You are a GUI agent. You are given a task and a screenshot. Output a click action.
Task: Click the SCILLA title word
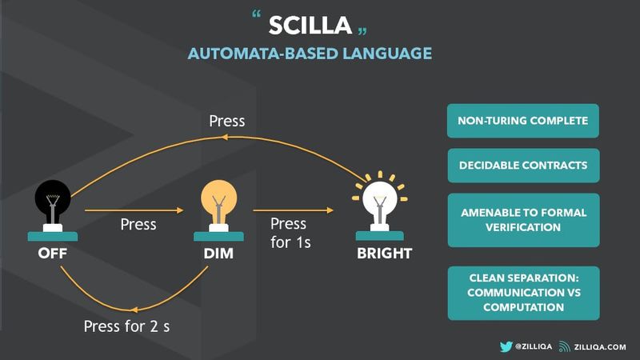310,26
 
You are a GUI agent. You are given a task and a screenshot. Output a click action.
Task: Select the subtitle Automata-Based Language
310,54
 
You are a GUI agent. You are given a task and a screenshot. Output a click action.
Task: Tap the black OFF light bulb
53,206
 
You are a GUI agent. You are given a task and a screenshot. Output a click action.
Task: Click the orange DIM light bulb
218,206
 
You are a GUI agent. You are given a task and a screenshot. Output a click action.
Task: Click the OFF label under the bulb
53,253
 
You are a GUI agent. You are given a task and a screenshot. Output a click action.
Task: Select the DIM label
218,253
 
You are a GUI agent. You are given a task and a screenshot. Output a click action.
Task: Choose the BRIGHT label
384,253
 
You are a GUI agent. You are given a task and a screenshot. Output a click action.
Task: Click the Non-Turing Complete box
523,121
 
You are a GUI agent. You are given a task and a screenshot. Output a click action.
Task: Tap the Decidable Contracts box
523,166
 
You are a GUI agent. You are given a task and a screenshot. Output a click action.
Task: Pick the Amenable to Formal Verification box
523,220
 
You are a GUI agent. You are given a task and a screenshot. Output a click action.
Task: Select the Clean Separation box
523,293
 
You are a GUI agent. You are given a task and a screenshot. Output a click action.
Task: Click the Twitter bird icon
506,346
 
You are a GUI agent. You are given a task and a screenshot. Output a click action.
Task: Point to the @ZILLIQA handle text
534,346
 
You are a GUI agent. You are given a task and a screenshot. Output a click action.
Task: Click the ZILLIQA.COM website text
600,347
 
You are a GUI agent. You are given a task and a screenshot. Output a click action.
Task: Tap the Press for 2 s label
126,326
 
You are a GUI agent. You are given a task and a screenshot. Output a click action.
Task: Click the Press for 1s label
290,233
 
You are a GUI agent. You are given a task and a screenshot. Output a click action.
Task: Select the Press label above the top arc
227,121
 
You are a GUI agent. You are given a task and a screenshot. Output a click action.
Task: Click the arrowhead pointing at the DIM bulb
180,210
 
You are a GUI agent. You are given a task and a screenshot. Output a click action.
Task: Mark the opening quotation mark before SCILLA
256,14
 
